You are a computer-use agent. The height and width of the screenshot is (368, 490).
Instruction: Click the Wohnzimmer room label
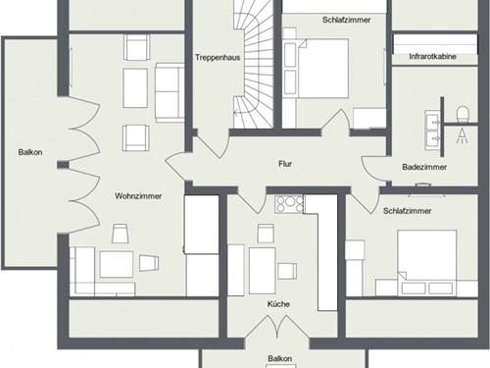coord(138,196)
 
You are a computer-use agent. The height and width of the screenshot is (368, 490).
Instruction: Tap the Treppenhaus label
coord(218,58)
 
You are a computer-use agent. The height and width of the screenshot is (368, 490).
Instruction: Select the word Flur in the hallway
coord(285,164)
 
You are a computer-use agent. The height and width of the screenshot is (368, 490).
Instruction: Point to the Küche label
coord(278,304)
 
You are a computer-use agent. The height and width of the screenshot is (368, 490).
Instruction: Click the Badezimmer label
coord(424,167)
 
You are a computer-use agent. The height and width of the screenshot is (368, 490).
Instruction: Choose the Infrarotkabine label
coord(432,56)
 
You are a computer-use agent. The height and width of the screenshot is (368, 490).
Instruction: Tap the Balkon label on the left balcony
coord(30,152)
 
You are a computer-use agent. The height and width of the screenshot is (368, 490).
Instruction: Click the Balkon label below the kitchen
coord(279,358)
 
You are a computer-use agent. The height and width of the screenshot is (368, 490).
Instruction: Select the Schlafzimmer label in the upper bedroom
coord(346,20)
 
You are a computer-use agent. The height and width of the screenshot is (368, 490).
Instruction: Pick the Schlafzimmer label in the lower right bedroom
coord(407,211)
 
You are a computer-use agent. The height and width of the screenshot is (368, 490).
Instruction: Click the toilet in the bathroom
coord(463,114)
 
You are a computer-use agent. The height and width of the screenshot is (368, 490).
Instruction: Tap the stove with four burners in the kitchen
coord(289,204)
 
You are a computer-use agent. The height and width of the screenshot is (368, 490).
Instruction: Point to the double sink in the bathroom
coord(432,130)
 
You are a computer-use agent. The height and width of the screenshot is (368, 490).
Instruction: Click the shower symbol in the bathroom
coord(462,135)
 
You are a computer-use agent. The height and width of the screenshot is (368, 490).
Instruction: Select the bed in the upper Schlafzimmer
coord(323,69)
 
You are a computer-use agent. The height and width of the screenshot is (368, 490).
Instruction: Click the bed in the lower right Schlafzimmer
coord(427,259)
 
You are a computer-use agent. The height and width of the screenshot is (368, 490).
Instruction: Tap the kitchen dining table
coord(262,271)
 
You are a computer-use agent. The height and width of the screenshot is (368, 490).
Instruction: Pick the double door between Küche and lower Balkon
coord(277,326)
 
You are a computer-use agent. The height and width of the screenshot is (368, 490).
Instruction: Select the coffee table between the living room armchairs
coord(135,88)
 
